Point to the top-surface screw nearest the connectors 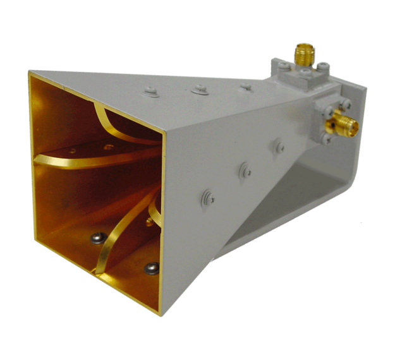click(x=245, y=86)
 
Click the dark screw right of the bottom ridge click(x=152, y=268)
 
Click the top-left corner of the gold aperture click(x=28, y=73)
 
